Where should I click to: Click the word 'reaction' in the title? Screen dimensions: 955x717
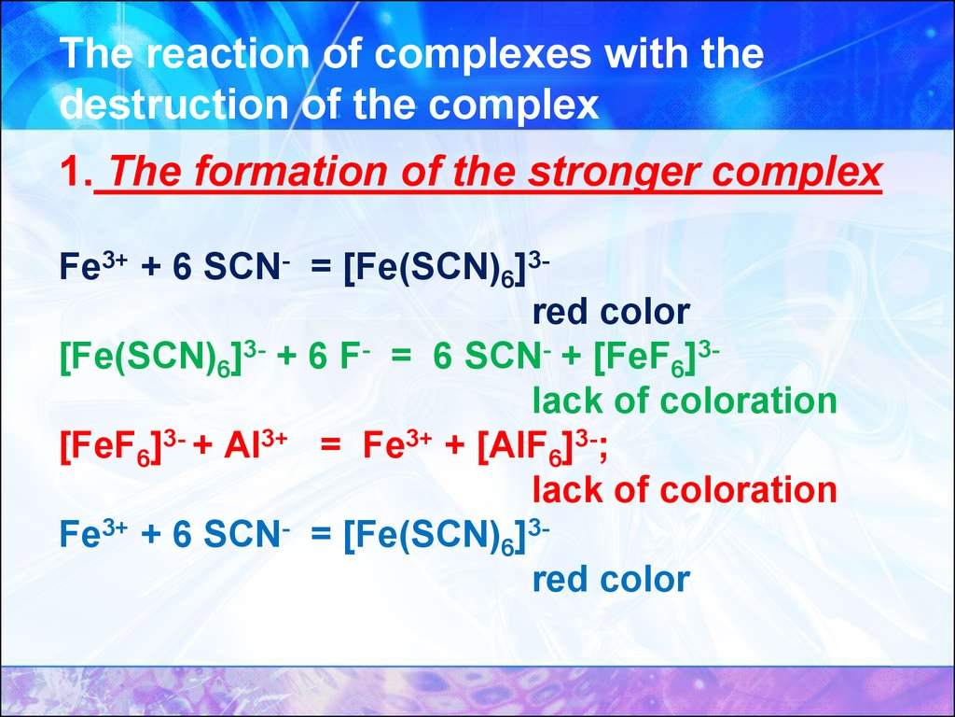pos(228,53)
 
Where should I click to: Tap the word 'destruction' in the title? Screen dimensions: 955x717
pos(173,105)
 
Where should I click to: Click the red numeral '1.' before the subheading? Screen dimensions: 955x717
pos(76,172)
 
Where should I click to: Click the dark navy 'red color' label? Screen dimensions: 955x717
pos(611,312)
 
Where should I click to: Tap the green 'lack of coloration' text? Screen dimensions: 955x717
pos(685,401)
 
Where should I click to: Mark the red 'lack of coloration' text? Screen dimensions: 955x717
pos(685,489)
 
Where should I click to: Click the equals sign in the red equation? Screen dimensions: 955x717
pos(329,446)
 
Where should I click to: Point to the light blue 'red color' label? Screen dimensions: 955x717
pos(611,579)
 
